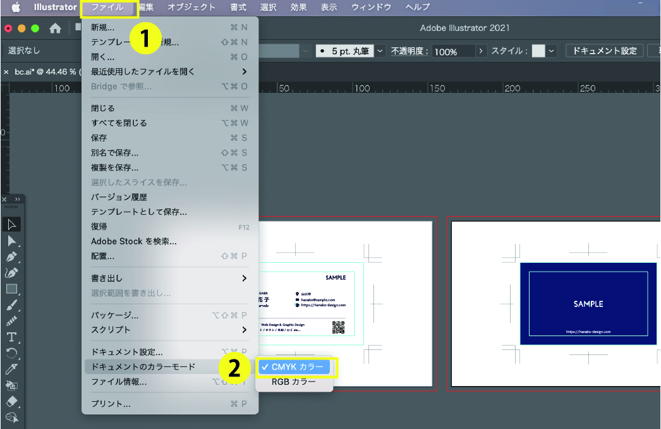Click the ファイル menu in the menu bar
107,8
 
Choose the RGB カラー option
294,382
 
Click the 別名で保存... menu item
114,153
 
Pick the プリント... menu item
111,404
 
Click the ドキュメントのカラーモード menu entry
143,366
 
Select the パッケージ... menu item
114,315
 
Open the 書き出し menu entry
107,278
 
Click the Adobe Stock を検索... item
133,241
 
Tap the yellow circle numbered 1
145,39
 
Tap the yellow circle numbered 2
234,369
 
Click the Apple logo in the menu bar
15,8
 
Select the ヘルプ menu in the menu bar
417,8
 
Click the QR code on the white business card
338,327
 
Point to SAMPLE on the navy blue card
588,304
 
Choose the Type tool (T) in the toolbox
11,337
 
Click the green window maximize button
35,28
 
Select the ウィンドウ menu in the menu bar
371,8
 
